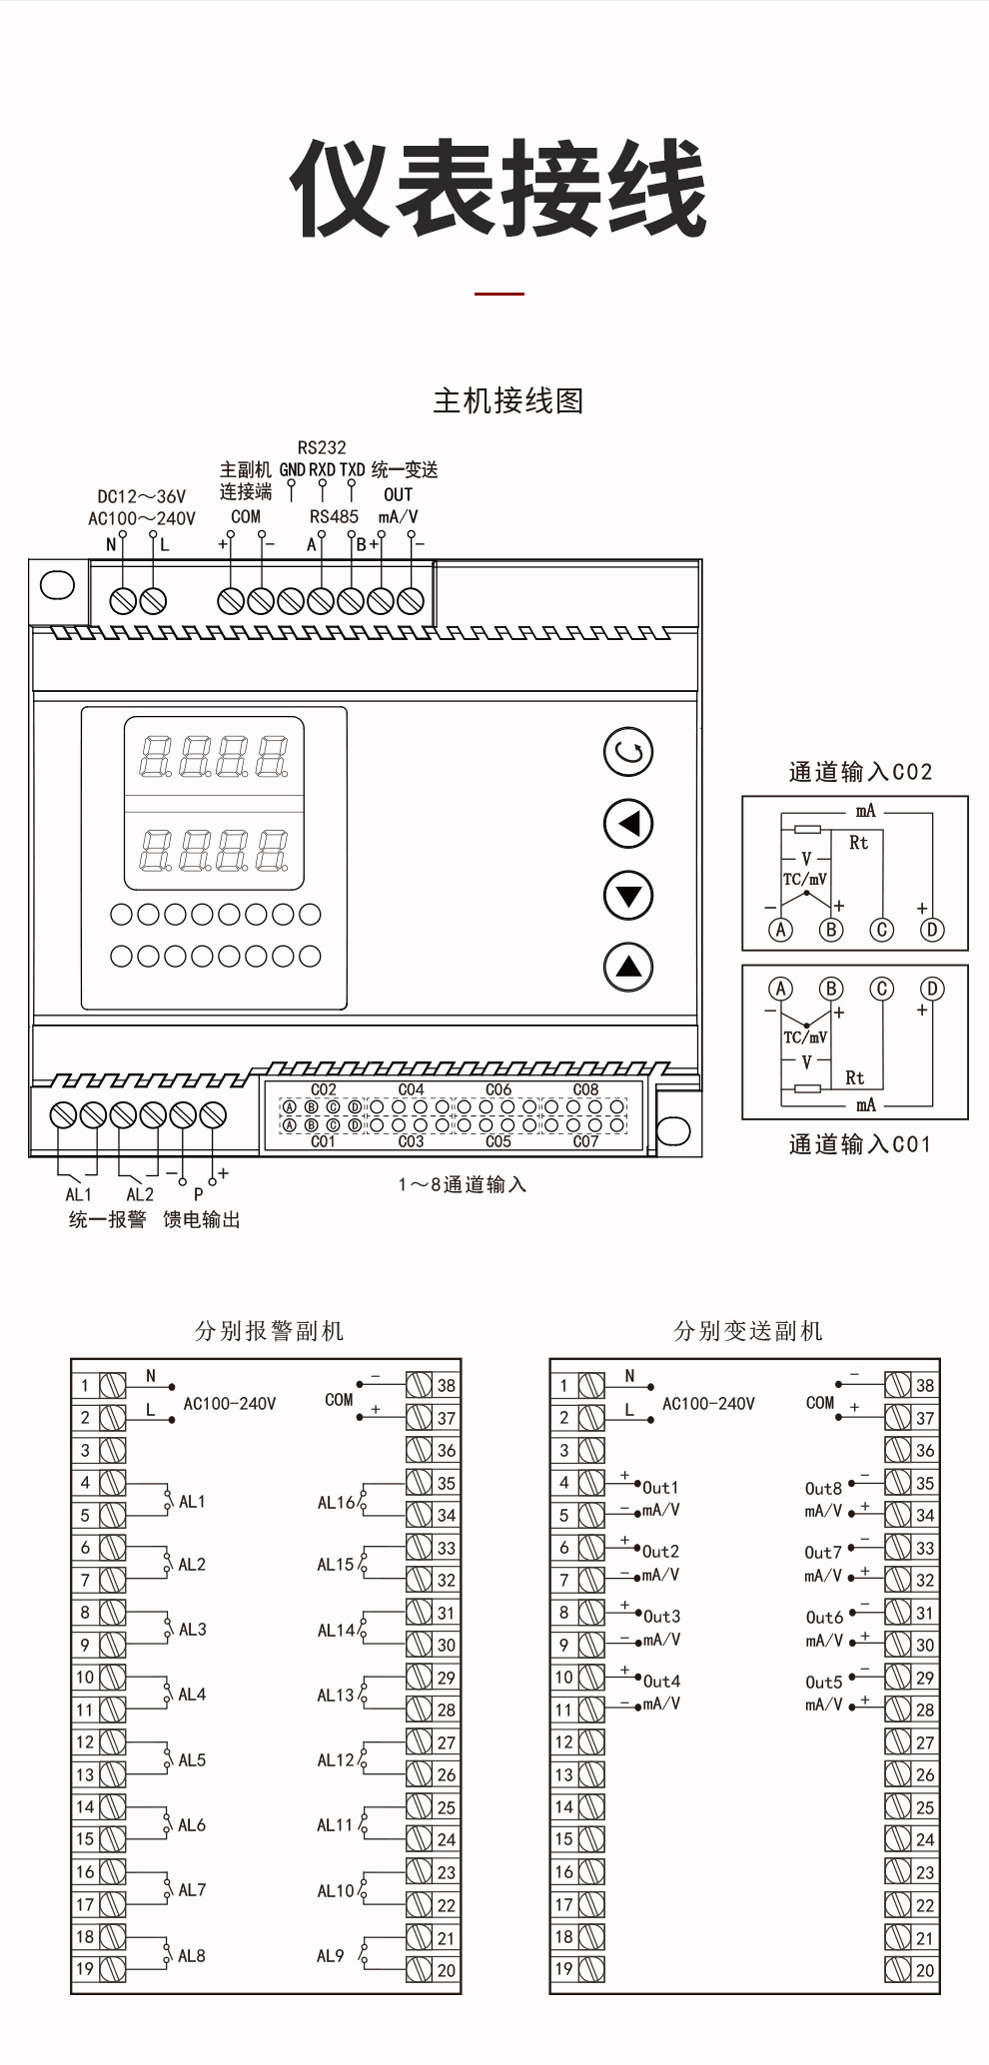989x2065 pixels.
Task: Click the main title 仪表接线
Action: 497,189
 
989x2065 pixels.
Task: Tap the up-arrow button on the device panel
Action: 628,967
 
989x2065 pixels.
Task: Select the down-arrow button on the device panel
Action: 628,895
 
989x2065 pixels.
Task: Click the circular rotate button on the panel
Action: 628,752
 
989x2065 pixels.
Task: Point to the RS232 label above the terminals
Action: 322,447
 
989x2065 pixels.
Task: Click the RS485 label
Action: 334,517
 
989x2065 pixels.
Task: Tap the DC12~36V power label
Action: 141,496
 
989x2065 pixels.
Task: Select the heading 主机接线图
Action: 507,401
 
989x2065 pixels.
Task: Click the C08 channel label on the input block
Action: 585,1089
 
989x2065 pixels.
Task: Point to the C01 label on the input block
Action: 323,1141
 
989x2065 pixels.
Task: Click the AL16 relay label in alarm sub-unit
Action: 336,1502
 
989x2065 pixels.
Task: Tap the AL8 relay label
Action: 192,1955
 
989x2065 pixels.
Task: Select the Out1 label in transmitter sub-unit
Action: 660,1488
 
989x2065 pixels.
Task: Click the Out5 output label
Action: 824,1683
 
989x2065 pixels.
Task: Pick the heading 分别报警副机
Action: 269,1331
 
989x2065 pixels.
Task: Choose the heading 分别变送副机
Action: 747,1331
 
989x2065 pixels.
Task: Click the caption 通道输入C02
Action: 860,772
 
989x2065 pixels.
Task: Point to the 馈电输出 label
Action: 202,1219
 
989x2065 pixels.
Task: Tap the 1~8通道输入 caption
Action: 462,1185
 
